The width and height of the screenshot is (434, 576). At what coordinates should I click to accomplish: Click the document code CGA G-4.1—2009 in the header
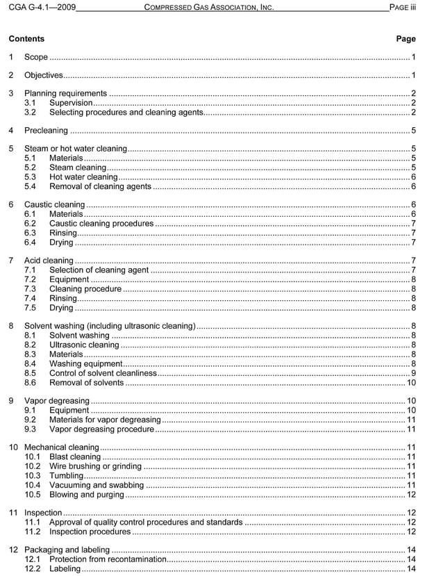pyautogui.click(x=42, y=7)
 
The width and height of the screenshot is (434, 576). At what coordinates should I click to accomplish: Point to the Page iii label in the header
pyautogui.click(x=403, y=7)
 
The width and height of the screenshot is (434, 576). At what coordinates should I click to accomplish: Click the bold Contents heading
pyautogui.click(x=26, y=39)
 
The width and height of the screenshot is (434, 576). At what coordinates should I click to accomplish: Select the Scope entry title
pyautogui.click(x=36, y=57)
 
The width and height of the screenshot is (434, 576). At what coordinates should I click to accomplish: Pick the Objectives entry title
pyautogui.click(x=43, y=75)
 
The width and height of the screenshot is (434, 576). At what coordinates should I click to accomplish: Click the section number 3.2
pyautogui.click(x=30, y=112)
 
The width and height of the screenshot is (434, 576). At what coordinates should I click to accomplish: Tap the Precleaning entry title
pyautogui.click(x=46, y=130)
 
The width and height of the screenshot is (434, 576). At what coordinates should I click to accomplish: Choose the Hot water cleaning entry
pyautogui.click(x=83, y=176)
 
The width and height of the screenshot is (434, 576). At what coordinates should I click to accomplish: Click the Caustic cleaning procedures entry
pyautogui.click(x=101, y=224)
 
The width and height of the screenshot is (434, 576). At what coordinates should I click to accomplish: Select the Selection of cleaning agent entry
pyautogui.click(x=99, y=270)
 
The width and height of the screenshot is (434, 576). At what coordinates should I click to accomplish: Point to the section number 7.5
pyautogui.click(x=30, y=307)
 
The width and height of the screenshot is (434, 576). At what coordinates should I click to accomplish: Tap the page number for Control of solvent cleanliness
pyautogui.click(x=413, y=372)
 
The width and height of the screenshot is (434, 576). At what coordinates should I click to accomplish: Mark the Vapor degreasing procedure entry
pyautogui.click(x=101, y=429)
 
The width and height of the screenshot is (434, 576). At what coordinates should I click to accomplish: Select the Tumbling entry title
pyautogui.click(x=66, y=476)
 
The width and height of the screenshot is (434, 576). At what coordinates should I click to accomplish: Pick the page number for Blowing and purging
pyautogui.click(x=411, y=495)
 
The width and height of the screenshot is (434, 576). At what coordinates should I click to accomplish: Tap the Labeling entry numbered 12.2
pyautogui.click(x=65, y=569)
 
